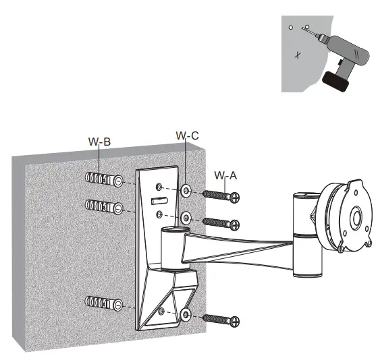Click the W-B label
[99, 142]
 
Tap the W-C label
[187, 136]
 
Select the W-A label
[225, 175]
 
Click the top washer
[186, 191]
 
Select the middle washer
[186, 218]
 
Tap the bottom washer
[186, 313]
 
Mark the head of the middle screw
[235, 223]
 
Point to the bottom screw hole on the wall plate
[162, 311]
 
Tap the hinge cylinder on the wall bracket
[173, 245]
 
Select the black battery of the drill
[337, 80]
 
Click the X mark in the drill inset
[298, 54]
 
